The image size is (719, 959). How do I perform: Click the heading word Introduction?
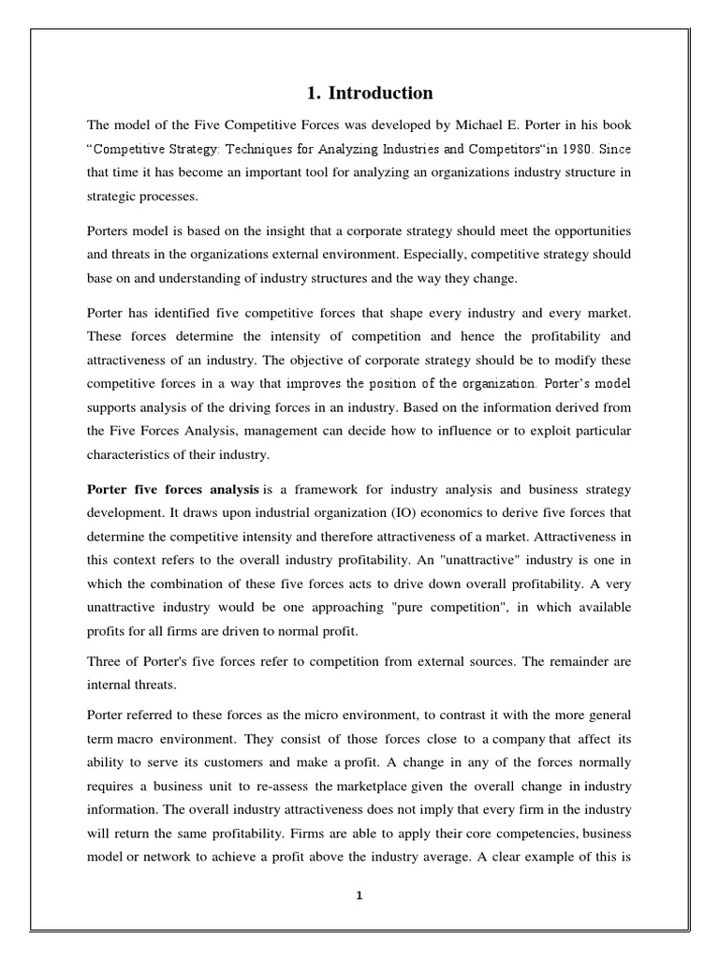point(380,93)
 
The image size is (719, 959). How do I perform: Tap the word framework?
point(334,490)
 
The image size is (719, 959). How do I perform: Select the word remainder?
point(580,661)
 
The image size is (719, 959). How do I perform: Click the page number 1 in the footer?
point(359,895)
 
